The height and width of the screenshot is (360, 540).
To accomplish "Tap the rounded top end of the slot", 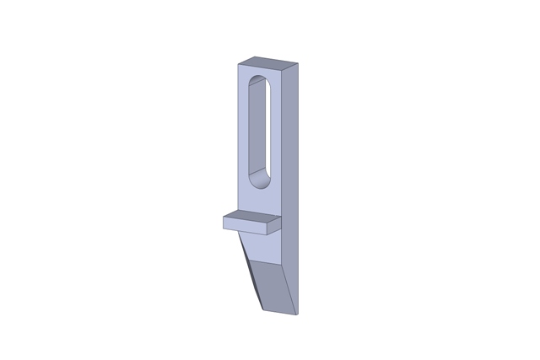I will (x=258, y=83).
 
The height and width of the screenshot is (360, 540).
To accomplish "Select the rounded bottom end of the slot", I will (x=260, y=180).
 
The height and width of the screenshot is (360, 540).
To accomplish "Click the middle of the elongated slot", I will (x=259, y=131).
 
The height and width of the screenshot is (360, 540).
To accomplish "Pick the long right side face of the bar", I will (x=291, y=169).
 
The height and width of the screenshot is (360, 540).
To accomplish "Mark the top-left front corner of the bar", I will (x=238, y=65).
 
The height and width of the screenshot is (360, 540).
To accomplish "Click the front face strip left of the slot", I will (x=243, y=135).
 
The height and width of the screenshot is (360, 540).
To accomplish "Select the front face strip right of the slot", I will (x=276, y=135).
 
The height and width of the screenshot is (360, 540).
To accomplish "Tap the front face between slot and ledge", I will (x=260, y=201).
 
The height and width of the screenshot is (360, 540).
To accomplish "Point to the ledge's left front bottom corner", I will (x=224, y=228).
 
